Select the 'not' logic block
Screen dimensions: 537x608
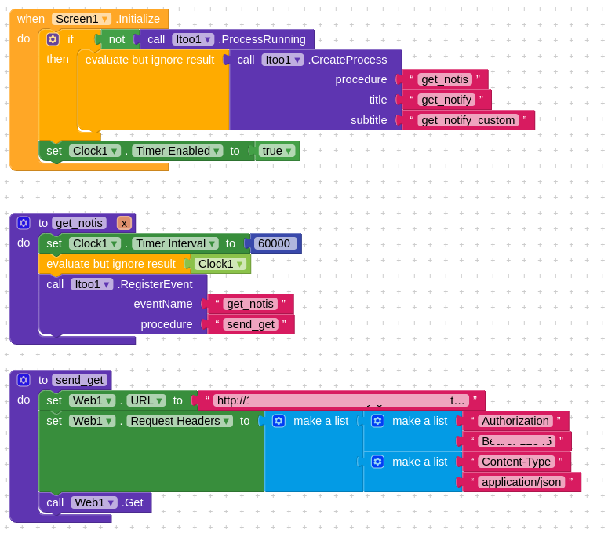(116, 39)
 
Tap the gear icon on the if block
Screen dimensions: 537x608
(53, 39)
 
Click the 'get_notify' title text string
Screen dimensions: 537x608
(446, 100)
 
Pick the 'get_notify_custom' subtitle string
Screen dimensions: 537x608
(468, 120)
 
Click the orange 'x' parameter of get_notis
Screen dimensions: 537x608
(124, 223)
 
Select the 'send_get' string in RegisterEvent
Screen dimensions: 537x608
(250, 324)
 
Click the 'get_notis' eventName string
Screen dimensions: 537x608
(249, 304)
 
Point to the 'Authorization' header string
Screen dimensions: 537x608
(515, 421)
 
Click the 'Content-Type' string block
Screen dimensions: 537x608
(515, 462)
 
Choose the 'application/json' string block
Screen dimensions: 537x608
(521, 482)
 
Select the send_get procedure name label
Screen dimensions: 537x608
(80, 380)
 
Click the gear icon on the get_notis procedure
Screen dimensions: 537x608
(24, 223)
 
